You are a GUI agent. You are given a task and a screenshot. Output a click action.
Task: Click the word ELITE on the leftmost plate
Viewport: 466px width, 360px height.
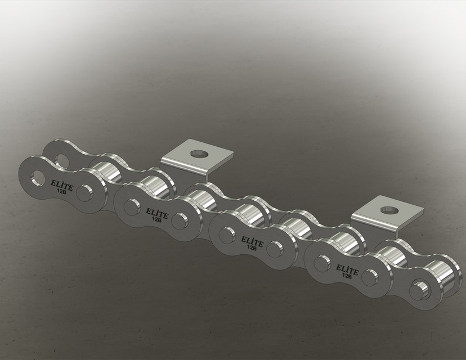pyautogui.click(x=61, y=183)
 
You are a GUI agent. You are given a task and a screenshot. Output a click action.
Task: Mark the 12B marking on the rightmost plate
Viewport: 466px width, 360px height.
pyautogui.click(x=347, y=275)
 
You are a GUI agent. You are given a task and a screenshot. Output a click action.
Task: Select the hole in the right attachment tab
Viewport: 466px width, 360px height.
pyautogui.click(x=388, y=210)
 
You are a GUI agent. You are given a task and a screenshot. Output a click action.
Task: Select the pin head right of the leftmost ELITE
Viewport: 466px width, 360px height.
pyautogui.click(x=84, y=192)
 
